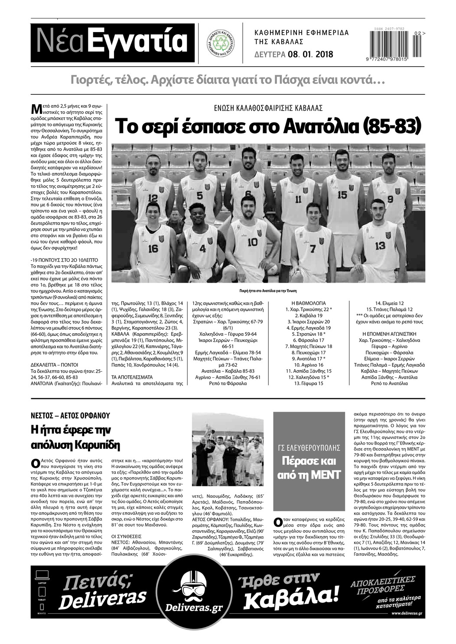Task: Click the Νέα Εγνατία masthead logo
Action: (112, 42)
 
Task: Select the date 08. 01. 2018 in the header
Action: (309, 55)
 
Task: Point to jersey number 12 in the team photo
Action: (153, 198)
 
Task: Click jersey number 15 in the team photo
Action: (342, 195)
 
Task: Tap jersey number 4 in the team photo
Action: (202, 248)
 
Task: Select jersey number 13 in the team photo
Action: (380, 245)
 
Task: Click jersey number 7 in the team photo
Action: (313, 248)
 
